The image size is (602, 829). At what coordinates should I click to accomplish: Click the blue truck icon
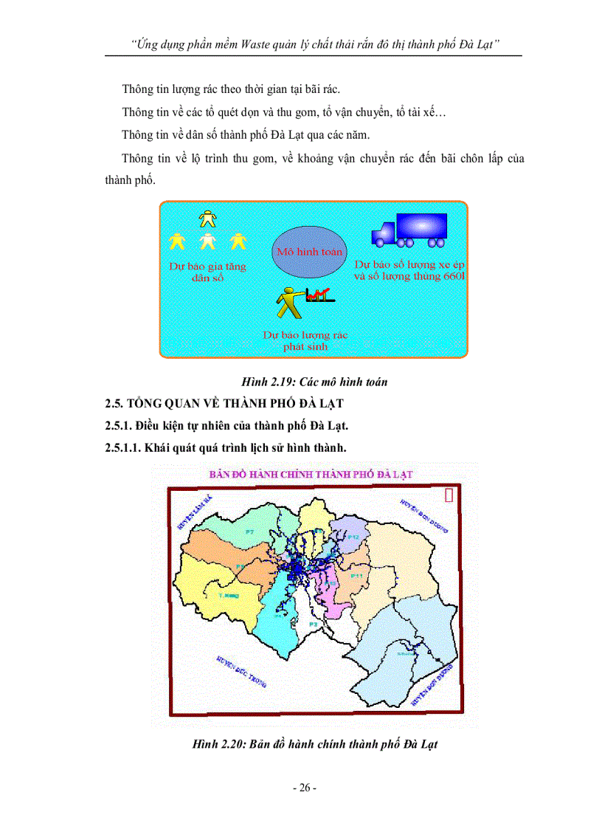click(x=410, y=229)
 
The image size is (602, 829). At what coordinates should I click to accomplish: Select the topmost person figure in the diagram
click(x=209, y=218)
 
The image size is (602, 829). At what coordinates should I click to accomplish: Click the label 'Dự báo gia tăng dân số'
click(x=207, y=272)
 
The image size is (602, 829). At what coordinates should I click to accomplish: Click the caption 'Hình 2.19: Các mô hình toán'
click(x=314, y=382)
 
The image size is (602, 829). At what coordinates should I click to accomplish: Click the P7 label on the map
click(x=250, y=532)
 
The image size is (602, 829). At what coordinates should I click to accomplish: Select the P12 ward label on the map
click(x=354, y=538)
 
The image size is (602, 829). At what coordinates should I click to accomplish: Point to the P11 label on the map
click(x=357, y=575)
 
